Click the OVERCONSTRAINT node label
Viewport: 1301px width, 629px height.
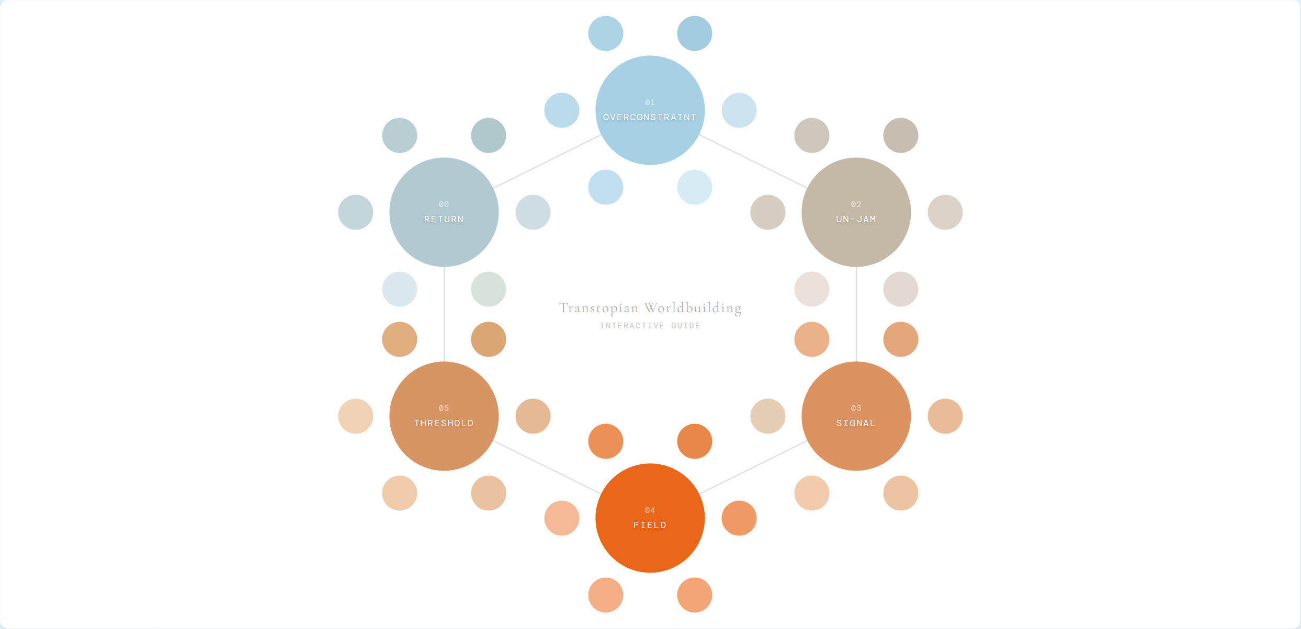coord(650,117)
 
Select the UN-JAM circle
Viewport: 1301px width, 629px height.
coord(856,212)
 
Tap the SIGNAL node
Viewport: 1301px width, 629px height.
coord(856,416)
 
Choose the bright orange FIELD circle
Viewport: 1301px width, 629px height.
coord(650,518)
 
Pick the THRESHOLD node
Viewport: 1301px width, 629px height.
coord(444,416)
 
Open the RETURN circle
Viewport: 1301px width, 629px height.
coord(444,212)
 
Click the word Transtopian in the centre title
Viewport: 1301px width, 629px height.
coord(598,308)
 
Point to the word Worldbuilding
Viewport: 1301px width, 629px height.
coord(693,308)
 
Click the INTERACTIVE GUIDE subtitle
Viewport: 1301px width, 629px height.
coord(650,326)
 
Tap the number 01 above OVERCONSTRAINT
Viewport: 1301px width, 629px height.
coord(650,102)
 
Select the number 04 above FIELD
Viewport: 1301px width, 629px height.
coord(650,510)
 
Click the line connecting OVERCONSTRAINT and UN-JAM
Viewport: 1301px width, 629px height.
coord(753,162)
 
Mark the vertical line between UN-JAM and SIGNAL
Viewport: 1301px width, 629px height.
coord(856,314)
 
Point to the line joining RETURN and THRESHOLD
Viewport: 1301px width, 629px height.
coord(444,314)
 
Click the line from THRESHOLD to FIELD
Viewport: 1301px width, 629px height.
coord(547,467)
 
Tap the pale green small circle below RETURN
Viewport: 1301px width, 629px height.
coord(489,289)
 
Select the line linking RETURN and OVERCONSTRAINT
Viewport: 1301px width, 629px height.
coord(547,162)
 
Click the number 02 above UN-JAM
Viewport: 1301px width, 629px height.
coord(856,204)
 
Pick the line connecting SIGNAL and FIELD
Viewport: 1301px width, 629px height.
coord(753,467)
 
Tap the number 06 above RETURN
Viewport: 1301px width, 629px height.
coord(444,204)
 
